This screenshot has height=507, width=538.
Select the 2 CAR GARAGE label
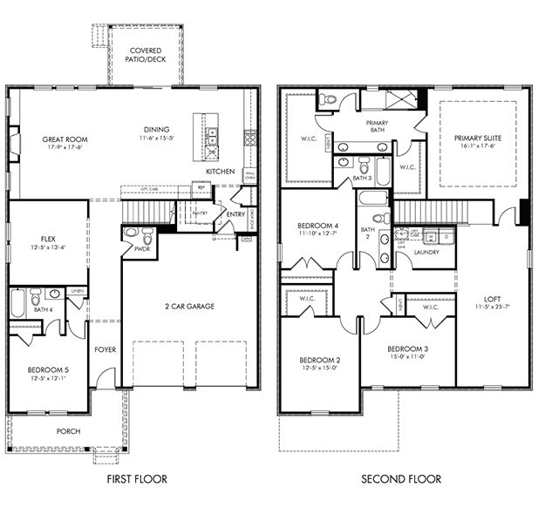pyautogui.click(x=189, y=306)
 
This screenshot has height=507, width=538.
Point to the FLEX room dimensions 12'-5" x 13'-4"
pyautogui.click(x=48, y=249)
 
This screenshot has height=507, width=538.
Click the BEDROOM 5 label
pyautogui.click(x=48, y=369)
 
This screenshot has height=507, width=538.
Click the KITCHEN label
pyautogui.click(x=220, y=172)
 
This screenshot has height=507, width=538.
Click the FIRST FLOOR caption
pyautogui.click(x=138, y=479)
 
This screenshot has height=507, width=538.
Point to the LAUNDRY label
pyautogui.click(x=426, y=253)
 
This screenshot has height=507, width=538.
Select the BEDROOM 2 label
pyautogui.click(x=320, y=360)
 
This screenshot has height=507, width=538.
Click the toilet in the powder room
pyautogui.click(x=147, y=234)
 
